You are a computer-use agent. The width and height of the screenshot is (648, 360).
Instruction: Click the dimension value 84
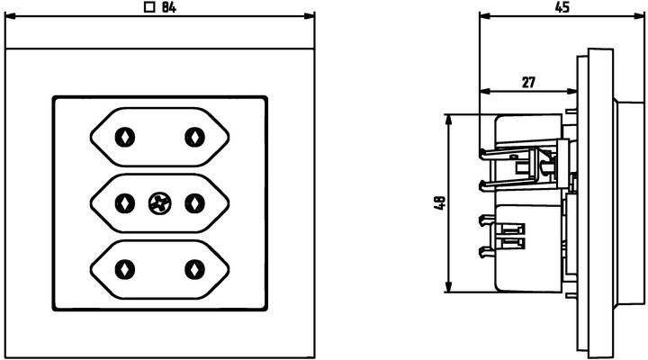pyautogui.click(x=168, y=7)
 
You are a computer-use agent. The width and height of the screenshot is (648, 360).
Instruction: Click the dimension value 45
pyautogui.click(x=562, y=7)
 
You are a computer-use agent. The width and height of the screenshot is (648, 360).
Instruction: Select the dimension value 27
pyautogui.click(x=528, y=83)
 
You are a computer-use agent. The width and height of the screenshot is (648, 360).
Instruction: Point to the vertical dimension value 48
pyautogui.click(x=440, y=202)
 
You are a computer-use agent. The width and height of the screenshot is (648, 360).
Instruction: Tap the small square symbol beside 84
pyautogui.click(x=149, y=7)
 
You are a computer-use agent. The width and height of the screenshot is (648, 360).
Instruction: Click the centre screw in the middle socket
pyautogui.click(x=159, y=203)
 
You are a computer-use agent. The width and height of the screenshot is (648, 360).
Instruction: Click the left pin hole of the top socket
pyautogui.click(x=125, y=137)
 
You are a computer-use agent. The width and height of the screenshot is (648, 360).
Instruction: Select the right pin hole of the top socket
pyautogui.click(x=194, y=137)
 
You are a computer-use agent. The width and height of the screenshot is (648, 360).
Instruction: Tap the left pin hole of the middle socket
pyautogui.click(x=125, y=203)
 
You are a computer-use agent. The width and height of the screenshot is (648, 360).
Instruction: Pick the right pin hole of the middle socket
pyautogui.click(x=194, y=203)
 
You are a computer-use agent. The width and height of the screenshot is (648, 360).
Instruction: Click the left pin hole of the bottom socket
pyautogui.click(x=125, y=269)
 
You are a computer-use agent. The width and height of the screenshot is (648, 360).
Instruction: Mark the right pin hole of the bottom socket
pyautogui.click(x=194, y=269)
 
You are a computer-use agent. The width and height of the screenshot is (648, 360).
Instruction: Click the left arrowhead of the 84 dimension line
pyautogui.click(x=10, y=16)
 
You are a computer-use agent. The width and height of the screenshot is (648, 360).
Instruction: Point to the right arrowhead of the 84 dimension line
pyautogui.click(x=309, y=16)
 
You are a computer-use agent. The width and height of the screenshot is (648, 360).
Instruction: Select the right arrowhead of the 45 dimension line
pyautogui.click(x=639, y=16)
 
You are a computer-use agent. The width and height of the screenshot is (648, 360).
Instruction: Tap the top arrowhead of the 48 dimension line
pyautogui.click(x=449, y=120)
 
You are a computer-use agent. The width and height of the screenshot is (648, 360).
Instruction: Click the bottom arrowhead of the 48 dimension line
pyautogui.click(x=449, y=287)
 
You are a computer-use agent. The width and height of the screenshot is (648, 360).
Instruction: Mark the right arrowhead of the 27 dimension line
pyautogui.click(x=572, y=91)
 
